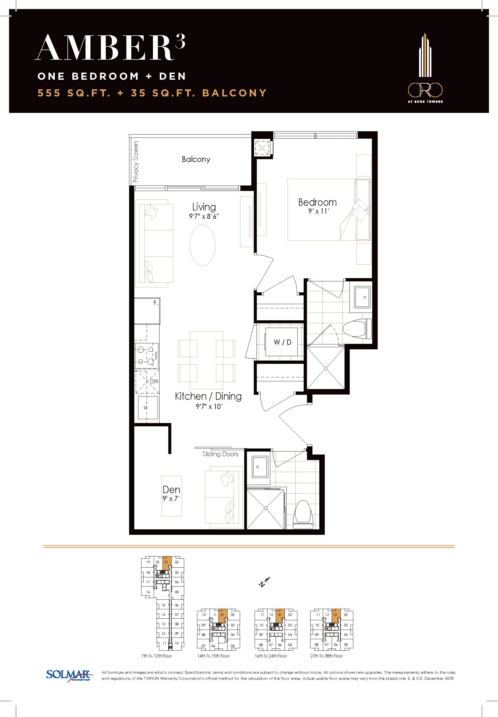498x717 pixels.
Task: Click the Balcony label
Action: (196, 159)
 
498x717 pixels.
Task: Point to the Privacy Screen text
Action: (135, 162)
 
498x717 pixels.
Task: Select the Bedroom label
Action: (318, 202)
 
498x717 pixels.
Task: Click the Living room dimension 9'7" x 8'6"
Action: (204, 216)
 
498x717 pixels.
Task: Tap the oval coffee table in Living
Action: (203, 245)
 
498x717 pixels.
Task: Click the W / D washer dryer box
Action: (283, 342)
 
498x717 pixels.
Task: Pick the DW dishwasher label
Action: (154, 381)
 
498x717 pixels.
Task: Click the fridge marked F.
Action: (147, 311)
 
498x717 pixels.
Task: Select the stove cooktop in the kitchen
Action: (147, 355)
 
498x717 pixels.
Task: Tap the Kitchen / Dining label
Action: (208, 396)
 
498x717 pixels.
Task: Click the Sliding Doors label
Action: (220, 454)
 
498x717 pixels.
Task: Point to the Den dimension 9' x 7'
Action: (171, 499)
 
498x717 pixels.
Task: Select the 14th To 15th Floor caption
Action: (214, 656)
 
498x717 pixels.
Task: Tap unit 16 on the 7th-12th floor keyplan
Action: (148, 592)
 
